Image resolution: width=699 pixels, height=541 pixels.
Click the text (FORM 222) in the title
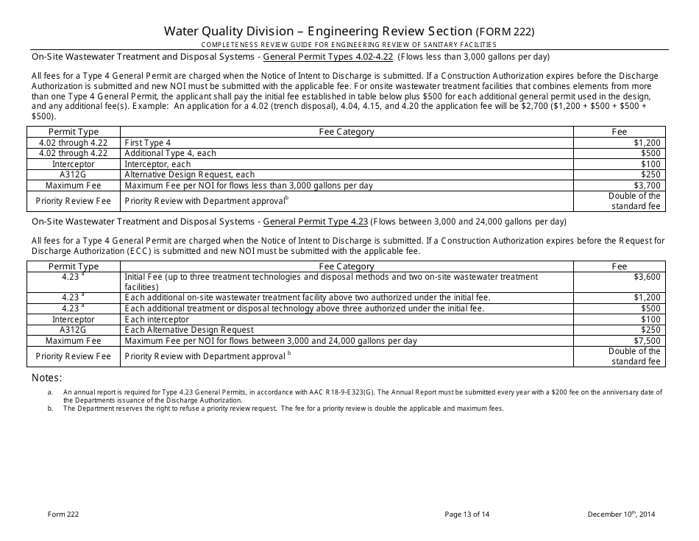pos(505,32)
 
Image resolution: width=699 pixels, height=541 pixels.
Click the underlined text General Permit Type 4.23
pos(315,221)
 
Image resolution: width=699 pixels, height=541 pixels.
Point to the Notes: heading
pos(47,378)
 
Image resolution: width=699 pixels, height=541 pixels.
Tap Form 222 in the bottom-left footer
pos(52,514)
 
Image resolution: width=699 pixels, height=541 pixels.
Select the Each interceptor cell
pos(157,319)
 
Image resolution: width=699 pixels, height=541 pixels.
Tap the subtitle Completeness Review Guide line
pos(349,45)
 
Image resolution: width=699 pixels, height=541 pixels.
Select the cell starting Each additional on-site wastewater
pos(308,297)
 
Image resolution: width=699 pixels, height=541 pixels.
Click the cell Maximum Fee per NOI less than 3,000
pos(249,185)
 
